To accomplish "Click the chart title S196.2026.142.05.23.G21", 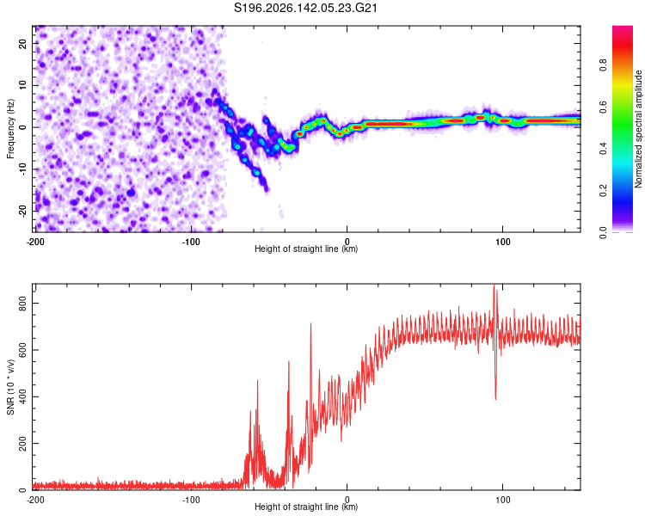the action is [305, 8].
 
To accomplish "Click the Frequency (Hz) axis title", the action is [10, 128].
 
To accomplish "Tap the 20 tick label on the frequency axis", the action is [22, 44].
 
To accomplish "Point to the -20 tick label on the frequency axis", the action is [22, 211].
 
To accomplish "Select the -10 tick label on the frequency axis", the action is [22, 169].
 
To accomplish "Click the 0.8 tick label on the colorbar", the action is [603, 65].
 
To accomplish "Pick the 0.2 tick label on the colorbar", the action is [603, 191].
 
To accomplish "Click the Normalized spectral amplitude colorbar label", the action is [638, 129].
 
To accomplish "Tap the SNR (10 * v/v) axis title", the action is [10, 387].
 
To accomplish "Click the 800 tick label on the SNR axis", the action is [22, 303].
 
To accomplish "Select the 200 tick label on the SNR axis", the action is [22, 444].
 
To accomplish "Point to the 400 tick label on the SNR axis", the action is [22, 396].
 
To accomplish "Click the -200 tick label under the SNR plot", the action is [35, 500].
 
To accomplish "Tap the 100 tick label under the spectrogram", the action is [503, 242].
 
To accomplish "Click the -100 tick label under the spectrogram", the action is [191, 242].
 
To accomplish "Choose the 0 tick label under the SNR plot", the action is [347, 500].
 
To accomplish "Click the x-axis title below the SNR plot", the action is [306, 507].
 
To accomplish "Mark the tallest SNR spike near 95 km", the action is [494, 285].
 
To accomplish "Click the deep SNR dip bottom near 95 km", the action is [495, 399].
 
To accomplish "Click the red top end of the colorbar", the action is [623, 27].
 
